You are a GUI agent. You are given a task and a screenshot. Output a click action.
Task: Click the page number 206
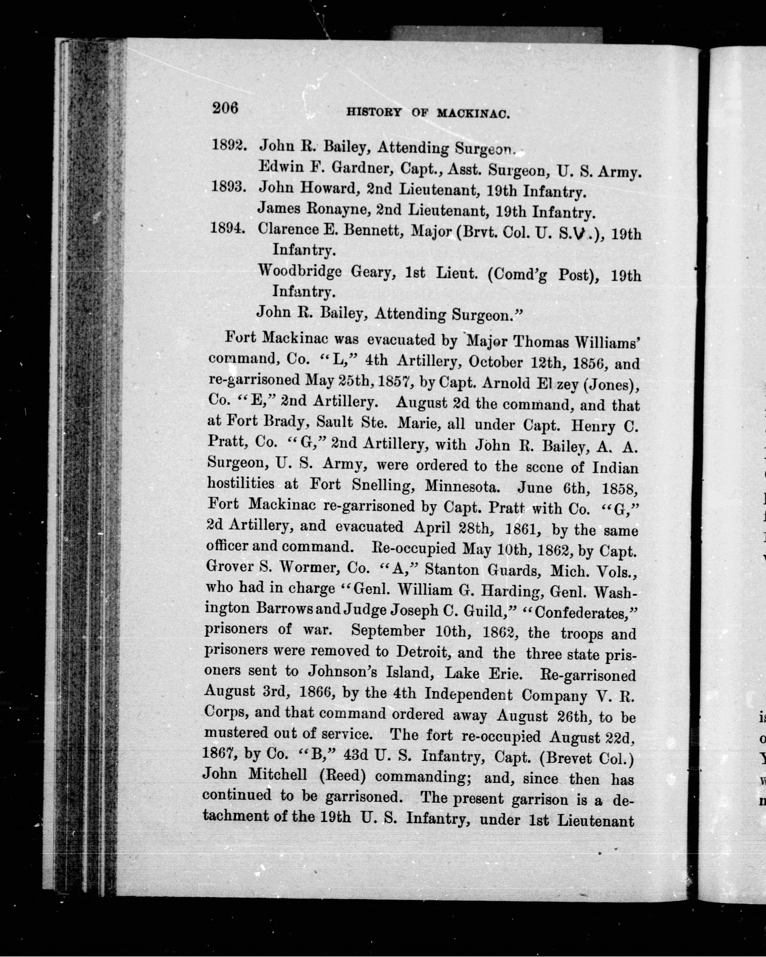coord(225,108)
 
